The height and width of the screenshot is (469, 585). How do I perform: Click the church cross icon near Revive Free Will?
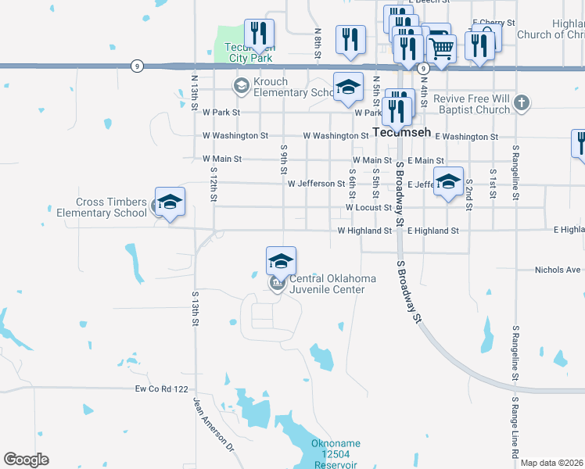tap(522, 103)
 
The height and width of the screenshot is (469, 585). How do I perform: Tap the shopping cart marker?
tap(442, 48)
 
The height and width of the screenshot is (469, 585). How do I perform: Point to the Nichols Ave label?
tap(558, 270)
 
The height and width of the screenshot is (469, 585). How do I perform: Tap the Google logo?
tap(26, 460)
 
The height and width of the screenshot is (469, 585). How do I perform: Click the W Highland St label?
tap(364, 231)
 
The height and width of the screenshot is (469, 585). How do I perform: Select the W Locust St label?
tap(368, 208)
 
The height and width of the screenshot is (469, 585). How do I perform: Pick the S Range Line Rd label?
tap(516, 428)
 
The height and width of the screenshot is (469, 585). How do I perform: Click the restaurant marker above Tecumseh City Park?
tap(258, 34)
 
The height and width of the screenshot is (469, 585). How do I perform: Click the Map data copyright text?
tap(551, 463)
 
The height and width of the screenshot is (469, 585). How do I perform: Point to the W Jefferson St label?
tap(316, 184)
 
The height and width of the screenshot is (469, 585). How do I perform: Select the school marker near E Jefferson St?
tap(447, 182)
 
